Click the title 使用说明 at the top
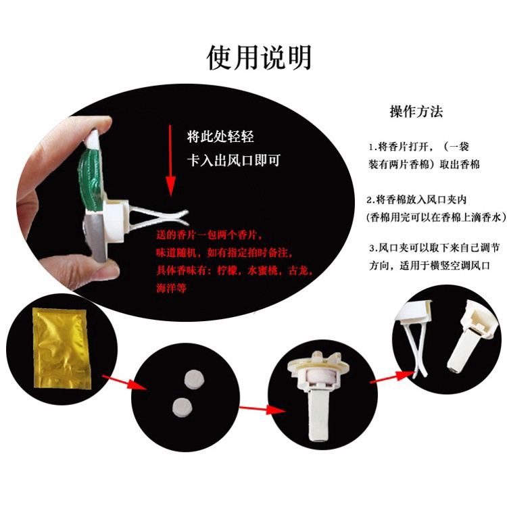(x=259, y=57)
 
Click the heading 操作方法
(x=416, y=112)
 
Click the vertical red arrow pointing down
(x=170, y=161)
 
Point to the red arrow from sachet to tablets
(x=124, y=382)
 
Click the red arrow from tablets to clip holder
(x=262, y=409)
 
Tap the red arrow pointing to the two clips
(x=392, y=378)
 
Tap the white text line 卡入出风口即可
(x=233, y=160)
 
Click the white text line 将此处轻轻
(x=220, y=137)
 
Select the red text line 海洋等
(x=171, y=288)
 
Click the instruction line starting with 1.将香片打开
(x=419, y=147)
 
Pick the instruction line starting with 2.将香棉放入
(x=416, y=200)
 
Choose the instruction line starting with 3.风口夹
(x=434, y=248)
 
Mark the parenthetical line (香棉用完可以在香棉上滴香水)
(x=436, y=217)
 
